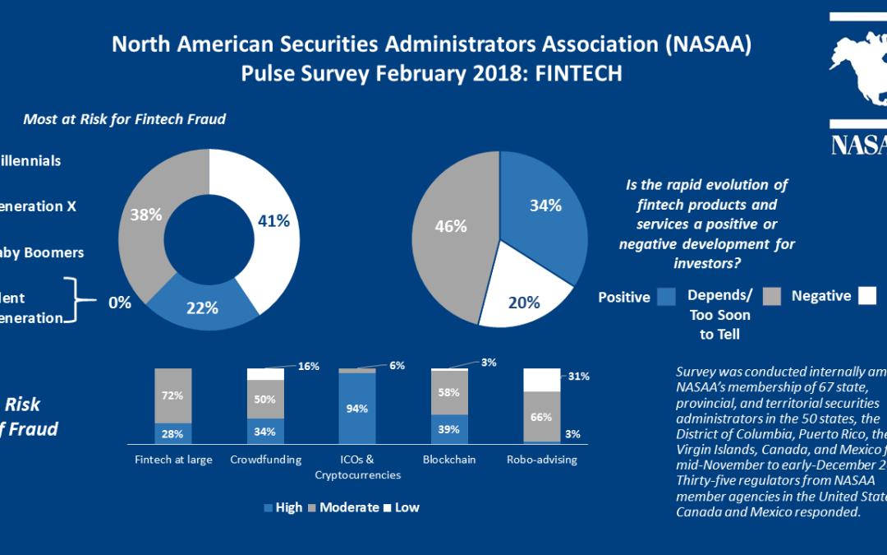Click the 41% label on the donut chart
pyautogui.click(x=273, y=221)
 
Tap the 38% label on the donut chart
pyautogui.click(x=146, y=215)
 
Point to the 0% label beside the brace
pyautogui.click(x=120, y=302)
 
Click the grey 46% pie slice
pyautogui.click(x=448, y=227)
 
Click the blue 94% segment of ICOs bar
pyautogui.click(x=357, y=409)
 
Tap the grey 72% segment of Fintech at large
pyautogui.click(x=173, y=396)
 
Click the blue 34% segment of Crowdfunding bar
pyautogui.click(x=265, y=431)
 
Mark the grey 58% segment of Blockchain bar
pyautogui.click(x=450, y=393)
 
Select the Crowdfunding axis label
pyautogui.click(x=265, y=460)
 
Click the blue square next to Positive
pyautogui.click(x=666, y=296)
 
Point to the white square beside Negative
pyautogui.click(x=867, y=296)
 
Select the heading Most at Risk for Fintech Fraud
pyautogui.click(x=124, y=119)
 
